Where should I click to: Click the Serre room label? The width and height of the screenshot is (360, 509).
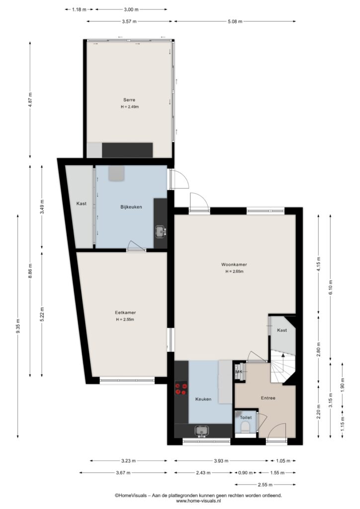[x=129, y=99]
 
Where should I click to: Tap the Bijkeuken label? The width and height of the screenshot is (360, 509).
[x=131, y=207]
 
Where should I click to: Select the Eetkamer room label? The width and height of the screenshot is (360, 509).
[x=125, y=313]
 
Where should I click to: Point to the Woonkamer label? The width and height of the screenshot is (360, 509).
[x=234, y=264]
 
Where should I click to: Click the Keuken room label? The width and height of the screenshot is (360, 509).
[x=203, y=399]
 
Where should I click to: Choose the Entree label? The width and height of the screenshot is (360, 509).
[x=268, y=398]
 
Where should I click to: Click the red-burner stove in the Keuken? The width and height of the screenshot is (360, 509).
[x=181, y=389]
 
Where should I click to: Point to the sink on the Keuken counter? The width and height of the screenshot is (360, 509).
[x=201, y=431]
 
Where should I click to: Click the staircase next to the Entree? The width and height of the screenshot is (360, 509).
[x=283, y=368]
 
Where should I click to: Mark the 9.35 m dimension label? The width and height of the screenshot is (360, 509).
[x=18, y=326]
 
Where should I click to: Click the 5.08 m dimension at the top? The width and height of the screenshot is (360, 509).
[x=235, y=21]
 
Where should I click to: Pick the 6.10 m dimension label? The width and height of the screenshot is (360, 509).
[x=331, y=287]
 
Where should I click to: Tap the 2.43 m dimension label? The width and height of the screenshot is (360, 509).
[x=203, y=473]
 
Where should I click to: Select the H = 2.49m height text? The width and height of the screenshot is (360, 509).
[x=130, y=107]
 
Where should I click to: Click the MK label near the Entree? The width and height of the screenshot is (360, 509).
[x=239, y=372]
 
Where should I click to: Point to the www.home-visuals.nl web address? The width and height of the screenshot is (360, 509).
[x=198, y=501]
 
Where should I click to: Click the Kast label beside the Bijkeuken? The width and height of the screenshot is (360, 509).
[x=82, y=203]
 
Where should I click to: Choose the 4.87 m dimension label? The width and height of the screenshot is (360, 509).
[x=30, y=99]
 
